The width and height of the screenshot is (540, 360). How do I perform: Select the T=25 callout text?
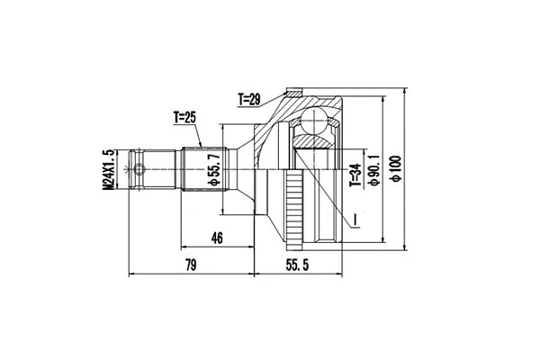tap(186, 117)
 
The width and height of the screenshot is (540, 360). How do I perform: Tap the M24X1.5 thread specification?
tap(110, 167)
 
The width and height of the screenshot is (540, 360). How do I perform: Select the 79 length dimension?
tap(190, 265)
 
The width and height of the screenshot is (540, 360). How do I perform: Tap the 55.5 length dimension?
tap(299, 265)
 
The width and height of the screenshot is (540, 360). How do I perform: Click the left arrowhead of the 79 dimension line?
tap(133, 273)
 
